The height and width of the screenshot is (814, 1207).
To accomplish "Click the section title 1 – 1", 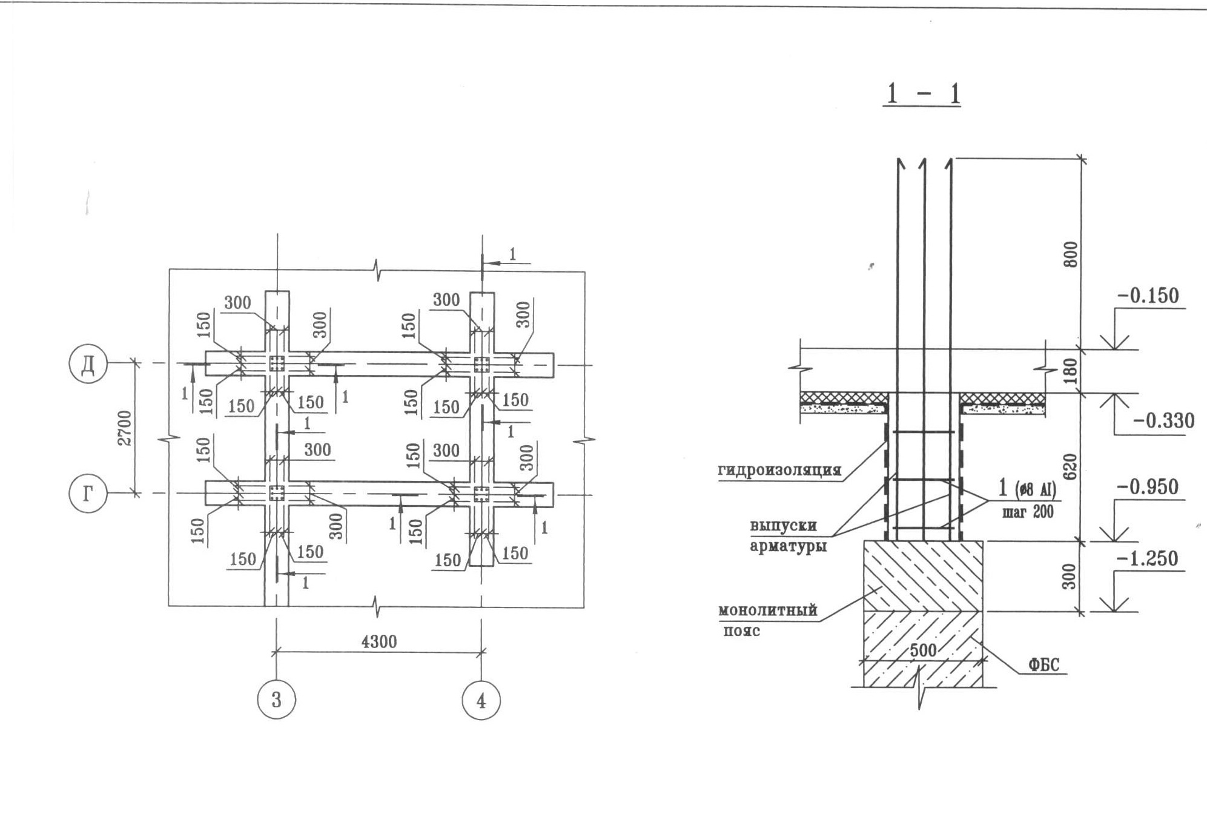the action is pos(923,94).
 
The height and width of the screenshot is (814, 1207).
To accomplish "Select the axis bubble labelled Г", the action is pos(88,494).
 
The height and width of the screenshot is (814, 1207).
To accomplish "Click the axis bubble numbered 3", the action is pos(276,700).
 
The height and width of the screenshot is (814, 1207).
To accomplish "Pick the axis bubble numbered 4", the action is pos(481,700).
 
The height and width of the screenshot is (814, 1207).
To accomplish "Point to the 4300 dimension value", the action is pos(379,641).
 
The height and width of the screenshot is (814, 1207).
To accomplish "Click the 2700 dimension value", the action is pos(125,428).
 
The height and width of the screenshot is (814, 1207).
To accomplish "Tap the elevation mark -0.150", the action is pos(1148,296).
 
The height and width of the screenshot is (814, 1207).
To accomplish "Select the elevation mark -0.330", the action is pos(1163,420).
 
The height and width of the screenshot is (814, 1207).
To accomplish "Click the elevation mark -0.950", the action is pos(1148,487).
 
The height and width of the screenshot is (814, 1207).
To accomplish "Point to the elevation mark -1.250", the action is pos(1148,558).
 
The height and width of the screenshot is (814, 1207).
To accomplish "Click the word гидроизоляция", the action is pos(780,470).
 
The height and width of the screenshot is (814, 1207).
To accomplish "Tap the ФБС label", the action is pos(1044,664).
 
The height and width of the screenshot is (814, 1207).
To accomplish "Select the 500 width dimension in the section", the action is pos(924,650).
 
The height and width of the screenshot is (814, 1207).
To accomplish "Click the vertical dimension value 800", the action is pos(1071,254).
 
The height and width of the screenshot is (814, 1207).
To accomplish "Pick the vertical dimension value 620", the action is pos(1071,467).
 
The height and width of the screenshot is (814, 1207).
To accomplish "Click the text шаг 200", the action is pos(1028,512).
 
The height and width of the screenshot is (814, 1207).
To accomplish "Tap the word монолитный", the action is pos(768,610).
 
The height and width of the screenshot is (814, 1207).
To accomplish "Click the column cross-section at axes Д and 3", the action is pos(277,364).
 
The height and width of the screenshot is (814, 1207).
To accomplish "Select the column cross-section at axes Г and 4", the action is pos(481,494).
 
